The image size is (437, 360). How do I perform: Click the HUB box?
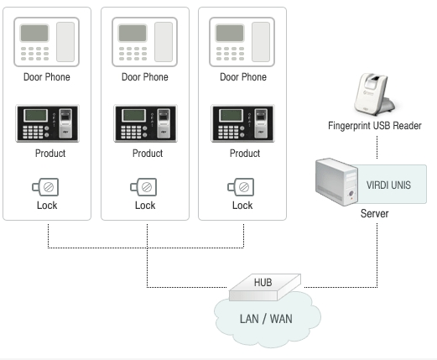point(265,287)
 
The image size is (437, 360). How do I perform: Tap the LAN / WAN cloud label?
point(266,319)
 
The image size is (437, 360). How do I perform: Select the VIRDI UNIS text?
point(388,185)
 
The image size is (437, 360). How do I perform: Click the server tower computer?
point(336,182)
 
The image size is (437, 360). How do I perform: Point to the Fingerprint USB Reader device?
point(374,94)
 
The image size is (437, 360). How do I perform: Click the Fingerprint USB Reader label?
point(375,126)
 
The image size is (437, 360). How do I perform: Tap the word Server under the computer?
point(374,213)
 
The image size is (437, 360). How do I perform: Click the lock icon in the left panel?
point(45,187)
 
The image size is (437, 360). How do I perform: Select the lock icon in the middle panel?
point(143,187)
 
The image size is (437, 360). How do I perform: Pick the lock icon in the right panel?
point(241,187)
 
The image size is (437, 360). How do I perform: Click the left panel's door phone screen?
point(34,33)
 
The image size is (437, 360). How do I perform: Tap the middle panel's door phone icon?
point(144,42)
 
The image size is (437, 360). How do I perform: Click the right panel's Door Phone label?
point(243,77)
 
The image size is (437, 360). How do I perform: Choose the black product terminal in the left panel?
point(47,123)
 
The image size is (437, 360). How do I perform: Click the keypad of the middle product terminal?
point(131,132)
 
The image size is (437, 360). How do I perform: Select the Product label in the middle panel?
point(148,154)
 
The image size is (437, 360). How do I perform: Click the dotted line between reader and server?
point(377,148)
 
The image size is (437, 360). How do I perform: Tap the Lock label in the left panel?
point(47,206)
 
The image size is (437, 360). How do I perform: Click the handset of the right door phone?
point(261,42)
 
